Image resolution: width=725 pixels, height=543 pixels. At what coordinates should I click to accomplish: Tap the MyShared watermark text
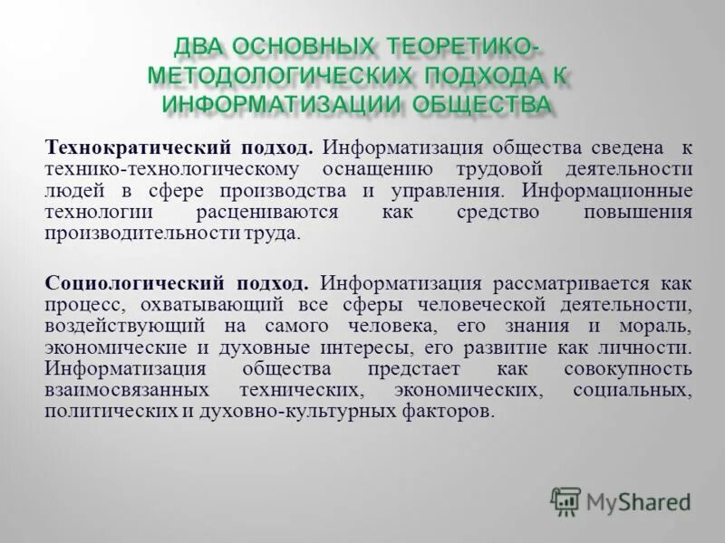click(x=638, y=500)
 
